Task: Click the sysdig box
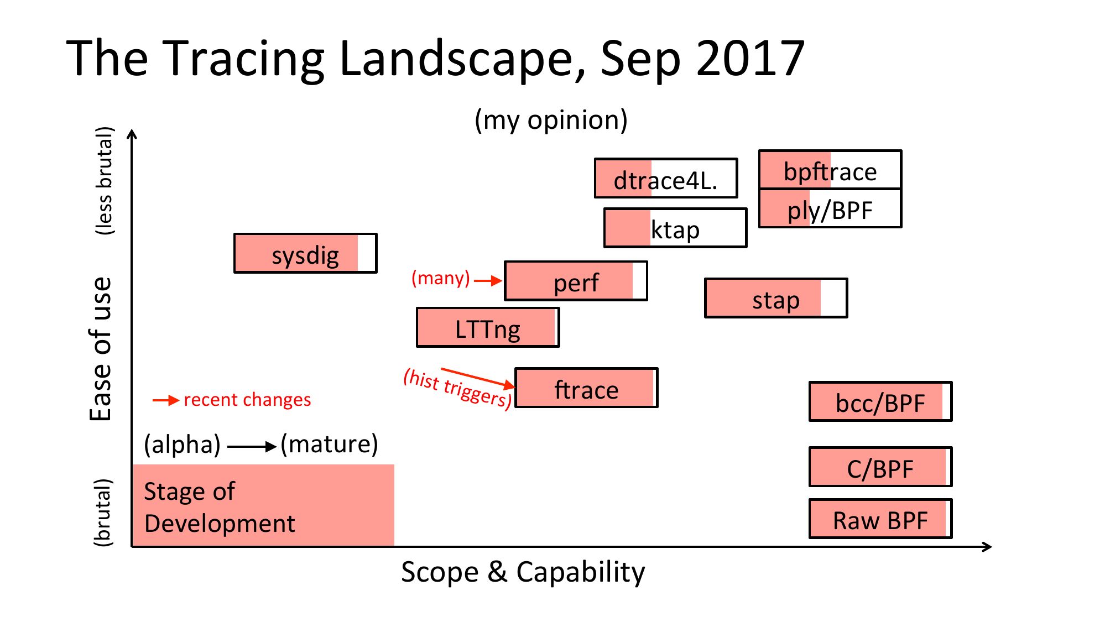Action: (x=305, y=253)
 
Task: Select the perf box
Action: (x=576, y=281)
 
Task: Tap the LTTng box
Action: (x=488, y=327)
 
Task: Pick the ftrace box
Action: (x=586, y=388)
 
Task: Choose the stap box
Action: (x=776, y=298)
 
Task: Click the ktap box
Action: (x=675, y=228)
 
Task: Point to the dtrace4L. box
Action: (x=666, y=178)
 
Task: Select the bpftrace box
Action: (x=830, y=169)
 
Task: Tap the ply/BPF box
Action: (x=830, y=208)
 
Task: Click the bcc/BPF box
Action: (x=880, y=401)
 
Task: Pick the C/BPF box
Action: (x=880, y=467)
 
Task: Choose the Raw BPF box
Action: (x=880, y=519)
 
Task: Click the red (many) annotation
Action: (x=441, y=278)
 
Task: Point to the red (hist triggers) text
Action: (x=457, y=389)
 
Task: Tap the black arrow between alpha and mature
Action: (x=252, y=446)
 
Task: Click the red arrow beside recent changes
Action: (x=166, y=400)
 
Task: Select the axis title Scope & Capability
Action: (x=523, y=572)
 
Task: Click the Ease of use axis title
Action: (x=101, y=349)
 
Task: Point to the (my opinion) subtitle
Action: (x=551, y=120)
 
